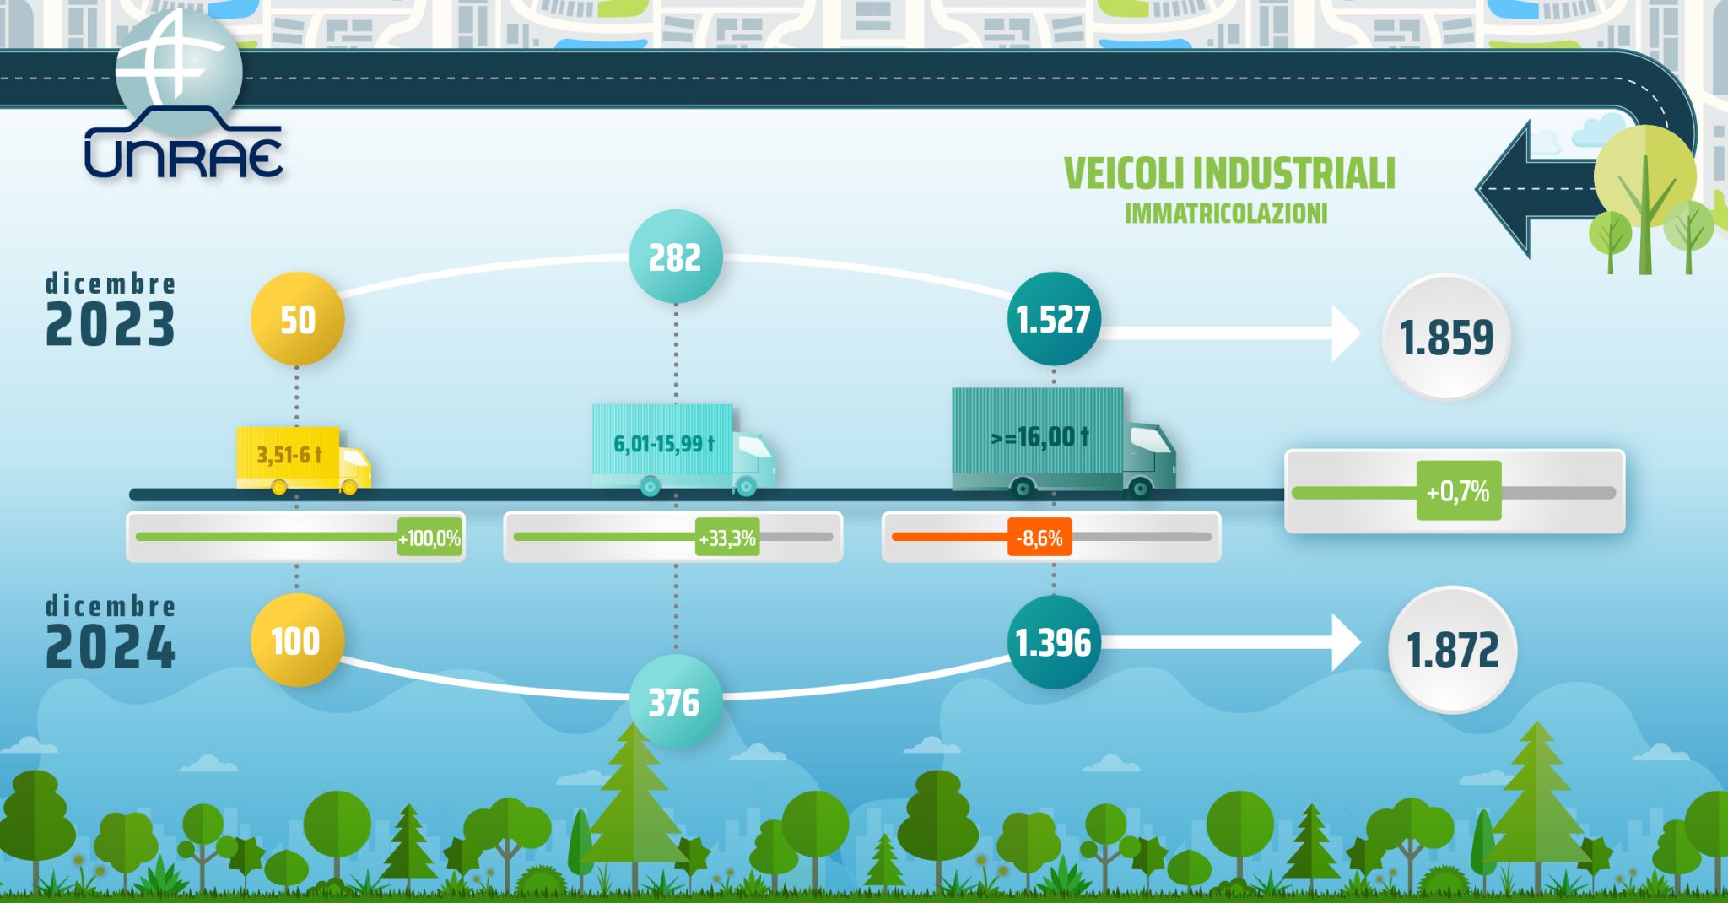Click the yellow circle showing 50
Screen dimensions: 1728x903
(297, 320)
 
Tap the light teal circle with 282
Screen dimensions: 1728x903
(676, 257)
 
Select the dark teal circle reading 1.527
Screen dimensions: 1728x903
(1054, 319)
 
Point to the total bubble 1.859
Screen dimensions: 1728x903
(1446, 337)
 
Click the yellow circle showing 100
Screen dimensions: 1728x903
(297, 641)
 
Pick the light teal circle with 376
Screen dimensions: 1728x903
(676, 701)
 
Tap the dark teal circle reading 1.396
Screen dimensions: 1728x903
(1054, 642)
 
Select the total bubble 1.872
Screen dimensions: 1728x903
(1452, 650)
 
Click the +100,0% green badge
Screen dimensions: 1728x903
(430, 538)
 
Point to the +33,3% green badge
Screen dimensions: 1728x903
(727, 538)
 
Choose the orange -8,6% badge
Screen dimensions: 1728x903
(1039, 538)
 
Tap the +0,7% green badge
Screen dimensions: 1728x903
(1459, 490)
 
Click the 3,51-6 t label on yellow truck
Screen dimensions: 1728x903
(289, 456)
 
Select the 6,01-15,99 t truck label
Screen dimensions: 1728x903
(664, 444)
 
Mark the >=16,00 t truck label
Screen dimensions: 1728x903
(1039, 437)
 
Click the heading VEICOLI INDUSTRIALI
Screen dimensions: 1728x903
(1229, 174)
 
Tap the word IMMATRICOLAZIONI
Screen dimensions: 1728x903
(1226, 214)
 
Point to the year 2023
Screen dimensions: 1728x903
(111, 325)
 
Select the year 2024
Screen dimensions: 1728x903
(111, 648)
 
